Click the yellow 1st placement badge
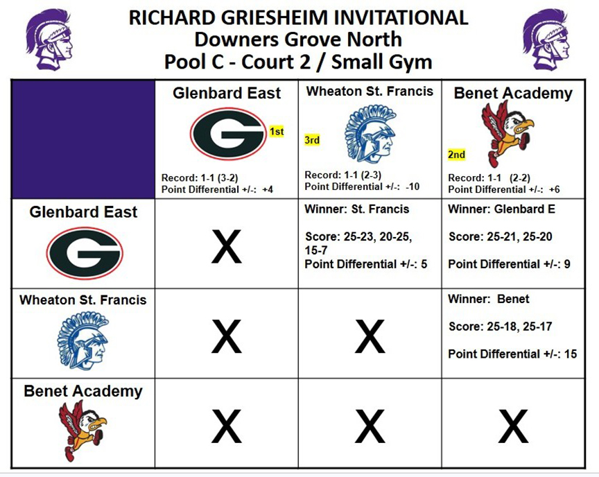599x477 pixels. click(x=277, y=131)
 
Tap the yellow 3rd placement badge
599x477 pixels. click(x=312, y=140)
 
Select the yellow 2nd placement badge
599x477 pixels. click(x=456, y=155)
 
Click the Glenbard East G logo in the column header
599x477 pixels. click(x=228, y=134)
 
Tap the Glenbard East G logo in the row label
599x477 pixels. click(x=85, y=253)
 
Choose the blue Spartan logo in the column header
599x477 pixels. click(x=370, y=134)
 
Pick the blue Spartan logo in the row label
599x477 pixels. click(x=83, y=340)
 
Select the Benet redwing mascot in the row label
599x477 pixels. click(x=82, y=431)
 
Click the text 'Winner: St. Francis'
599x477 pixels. click(x=357, y=209)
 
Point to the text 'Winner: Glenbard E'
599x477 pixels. click(x=501, y=209)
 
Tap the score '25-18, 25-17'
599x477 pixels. click(x=519, y=327)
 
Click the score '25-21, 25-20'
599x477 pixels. click(x=519, y=237)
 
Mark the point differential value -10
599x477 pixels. click(x=413, y=187)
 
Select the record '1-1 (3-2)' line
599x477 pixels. click(x=200, y=178)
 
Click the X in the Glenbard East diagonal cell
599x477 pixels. click(x=227, y=247)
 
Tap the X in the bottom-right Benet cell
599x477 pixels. click(x=513, y=426)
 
